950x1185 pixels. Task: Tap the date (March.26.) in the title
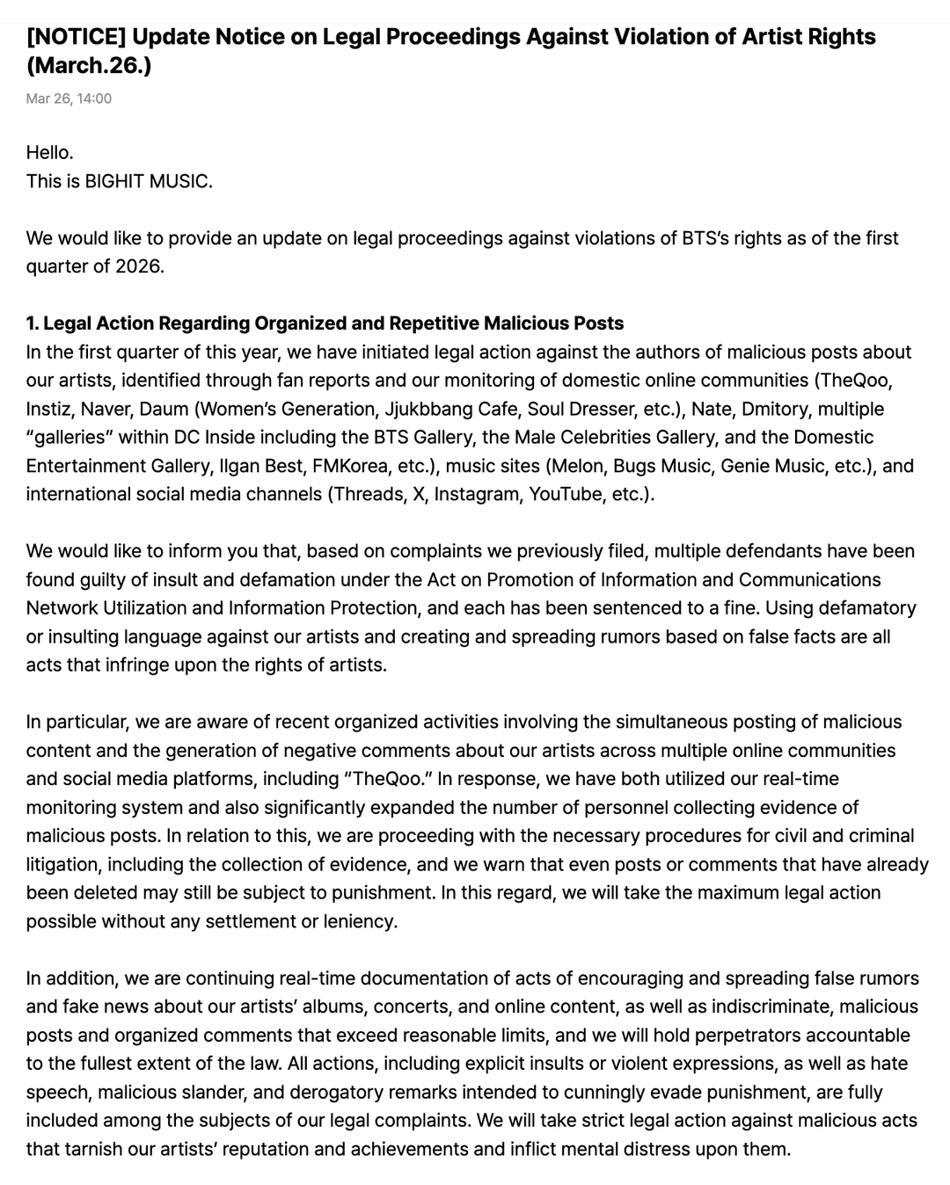coord(89,66)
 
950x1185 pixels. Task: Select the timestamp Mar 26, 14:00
coord(69,98)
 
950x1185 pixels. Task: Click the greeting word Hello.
coord(49,153)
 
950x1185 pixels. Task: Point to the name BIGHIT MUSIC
coord(147,182)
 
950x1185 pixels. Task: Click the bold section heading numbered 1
coord(325,324)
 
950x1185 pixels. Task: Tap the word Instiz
coord(49,409)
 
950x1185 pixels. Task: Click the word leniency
coord(360,921)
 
